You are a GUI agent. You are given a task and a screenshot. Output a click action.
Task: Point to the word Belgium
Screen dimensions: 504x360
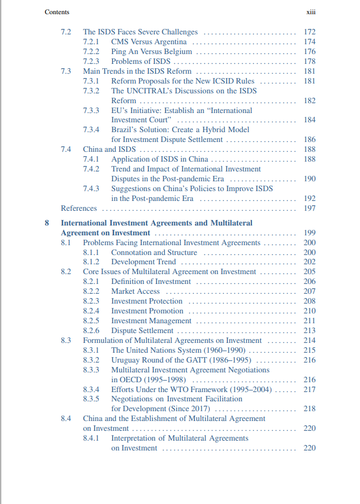[179, 52]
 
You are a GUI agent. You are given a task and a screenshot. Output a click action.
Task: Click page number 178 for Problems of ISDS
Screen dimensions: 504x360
[309, 62]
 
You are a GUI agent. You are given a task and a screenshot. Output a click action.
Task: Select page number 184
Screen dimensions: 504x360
[309, 120]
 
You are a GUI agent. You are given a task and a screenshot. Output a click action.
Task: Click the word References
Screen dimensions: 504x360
[79, 208]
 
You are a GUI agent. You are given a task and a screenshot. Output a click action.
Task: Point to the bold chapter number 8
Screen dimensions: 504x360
[47, 223]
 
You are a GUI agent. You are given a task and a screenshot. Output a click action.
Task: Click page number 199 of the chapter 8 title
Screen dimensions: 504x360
[309, 233]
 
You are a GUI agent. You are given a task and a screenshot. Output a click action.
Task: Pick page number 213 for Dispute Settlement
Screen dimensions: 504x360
[309, 330]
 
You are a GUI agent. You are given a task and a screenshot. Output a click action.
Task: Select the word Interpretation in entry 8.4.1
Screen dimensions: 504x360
[134, 438]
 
